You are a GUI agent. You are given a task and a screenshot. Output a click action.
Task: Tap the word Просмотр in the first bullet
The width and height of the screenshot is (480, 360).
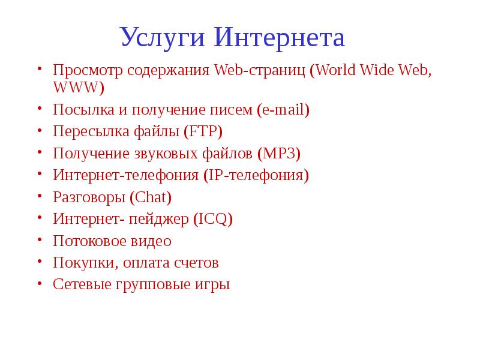point(87,70)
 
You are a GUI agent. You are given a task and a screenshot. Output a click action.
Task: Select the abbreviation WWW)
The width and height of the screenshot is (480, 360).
point(79,88)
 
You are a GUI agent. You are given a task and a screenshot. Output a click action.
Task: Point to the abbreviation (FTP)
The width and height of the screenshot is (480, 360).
point(203,131)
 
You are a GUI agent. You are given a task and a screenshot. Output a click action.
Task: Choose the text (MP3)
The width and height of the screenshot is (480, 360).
point(278,153)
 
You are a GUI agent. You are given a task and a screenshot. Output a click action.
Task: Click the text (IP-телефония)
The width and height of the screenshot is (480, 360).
point(256,175)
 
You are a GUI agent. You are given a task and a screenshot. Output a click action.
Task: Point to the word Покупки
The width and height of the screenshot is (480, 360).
point(80,263)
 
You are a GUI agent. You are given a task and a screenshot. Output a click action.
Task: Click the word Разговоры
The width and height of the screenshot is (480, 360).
point(88,197)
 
